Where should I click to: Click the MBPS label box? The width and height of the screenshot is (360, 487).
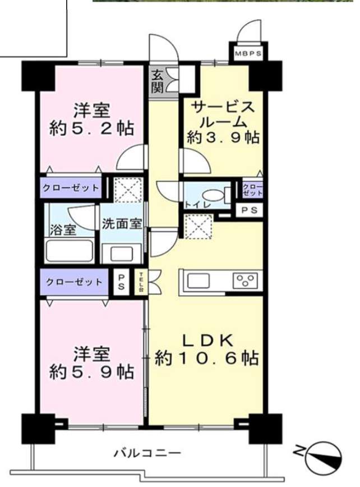(248, 53)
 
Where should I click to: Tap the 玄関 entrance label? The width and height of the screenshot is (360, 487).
(158, 82)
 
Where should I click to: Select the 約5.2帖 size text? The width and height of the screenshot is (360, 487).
(92, 128)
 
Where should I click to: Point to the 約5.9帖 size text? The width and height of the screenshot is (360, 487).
(92, 371)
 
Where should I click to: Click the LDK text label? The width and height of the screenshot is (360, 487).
(207, 341)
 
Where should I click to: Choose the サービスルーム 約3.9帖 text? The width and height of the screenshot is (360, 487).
(223, 122)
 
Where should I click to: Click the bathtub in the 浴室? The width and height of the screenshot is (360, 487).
(70, 251)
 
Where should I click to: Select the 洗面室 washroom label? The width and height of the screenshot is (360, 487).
(122, 224)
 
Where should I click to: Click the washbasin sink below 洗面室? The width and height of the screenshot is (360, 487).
(122, 254)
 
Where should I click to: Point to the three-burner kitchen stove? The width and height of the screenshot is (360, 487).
(245, 280)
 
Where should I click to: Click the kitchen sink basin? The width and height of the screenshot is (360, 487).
(199, 281)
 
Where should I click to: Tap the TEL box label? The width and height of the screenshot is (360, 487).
(141, 282)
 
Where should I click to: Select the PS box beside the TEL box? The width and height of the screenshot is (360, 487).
(121, 282)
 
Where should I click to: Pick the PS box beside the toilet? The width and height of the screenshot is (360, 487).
(250, 210)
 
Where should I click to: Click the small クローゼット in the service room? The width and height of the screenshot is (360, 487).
(252, 190)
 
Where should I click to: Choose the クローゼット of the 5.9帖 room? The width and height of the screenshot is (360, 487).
(74, 282)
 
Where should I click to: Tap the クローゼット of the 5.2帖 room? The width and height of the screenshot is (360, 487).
(71, 187)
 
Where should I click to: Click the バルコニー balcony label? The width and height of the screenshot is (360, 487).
(147, 453)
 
